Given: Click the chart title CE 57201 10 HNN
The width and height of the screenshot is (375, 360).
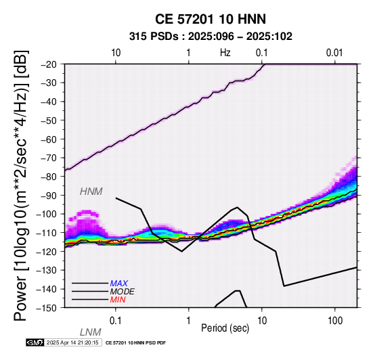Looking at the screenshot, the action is click(x=211, y=19).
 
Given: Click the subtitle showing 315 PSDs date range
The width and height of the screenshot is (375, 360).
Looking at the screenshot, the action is click(x=211, y=37).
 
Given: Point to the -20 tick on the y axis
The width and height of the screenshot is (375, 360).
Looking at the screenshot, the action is click(x=49, y=64).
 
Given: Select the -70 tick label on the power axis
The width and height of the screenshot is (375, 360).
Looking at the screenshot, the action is click(x=49, y=158).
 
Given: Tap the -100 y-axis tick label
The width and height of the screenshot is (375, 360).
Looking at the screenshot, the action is click(x=47, y=215).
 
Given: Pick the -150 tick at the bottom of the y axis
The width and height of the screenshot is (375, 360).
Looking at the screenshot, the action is click(x=47, y=308).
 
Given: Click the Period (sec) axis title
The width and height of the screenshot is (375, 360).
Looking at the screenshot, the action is click(x=225, y=328).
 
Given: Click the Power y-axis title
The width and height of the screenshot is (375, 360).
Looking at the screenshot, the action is click(x=21, y=186).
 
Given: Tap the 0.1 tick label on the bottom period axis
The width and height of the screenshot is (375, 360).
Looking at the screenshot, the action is click(x=116, y=321).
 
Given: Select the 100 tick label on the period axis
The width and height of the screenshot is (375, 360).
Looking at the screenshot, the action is click(x=335, y=321).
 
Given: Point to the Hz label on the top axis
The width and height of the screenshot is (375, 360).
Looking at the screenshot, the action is click(x=225, y=53).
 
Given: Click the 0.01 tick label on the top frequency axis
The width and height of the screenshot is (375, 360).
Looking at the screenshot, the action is click(x=334, y=53).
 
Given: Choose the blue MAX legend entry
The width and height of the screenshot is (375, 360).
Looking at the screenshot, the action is click(x=119, y=284).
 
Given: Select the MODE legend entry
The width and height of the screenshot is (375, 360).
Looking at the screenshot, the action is click(x=123, y=292).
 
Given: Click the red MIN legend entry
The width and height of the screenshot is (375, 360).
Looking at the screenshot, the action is click(x=118, y=300).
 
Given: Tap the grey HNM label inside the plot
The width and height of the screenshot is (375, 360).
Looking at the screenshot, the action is click(x=91, y=192).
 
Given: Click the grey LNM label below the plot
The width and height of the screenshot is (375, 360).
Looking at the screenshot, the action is click(x=91, y=332).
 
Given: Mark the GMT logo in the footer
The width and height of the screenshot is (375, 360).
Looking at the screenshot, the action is click(x=35, y=343).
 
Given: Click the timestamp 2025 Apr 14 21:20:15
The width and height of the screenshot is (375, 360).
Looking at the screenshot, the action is click(x=72, y=343).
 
